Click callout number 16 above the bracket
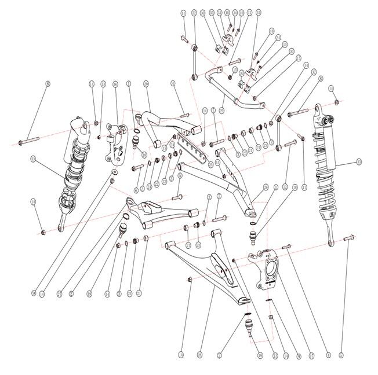[115, 84]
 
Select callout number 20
[146, 84]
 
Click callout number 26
[265, 187]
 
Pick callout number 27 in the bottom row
[59, 293]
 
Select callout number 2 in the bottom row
[71, 293]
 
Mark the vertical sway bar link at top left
[194, 60]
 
